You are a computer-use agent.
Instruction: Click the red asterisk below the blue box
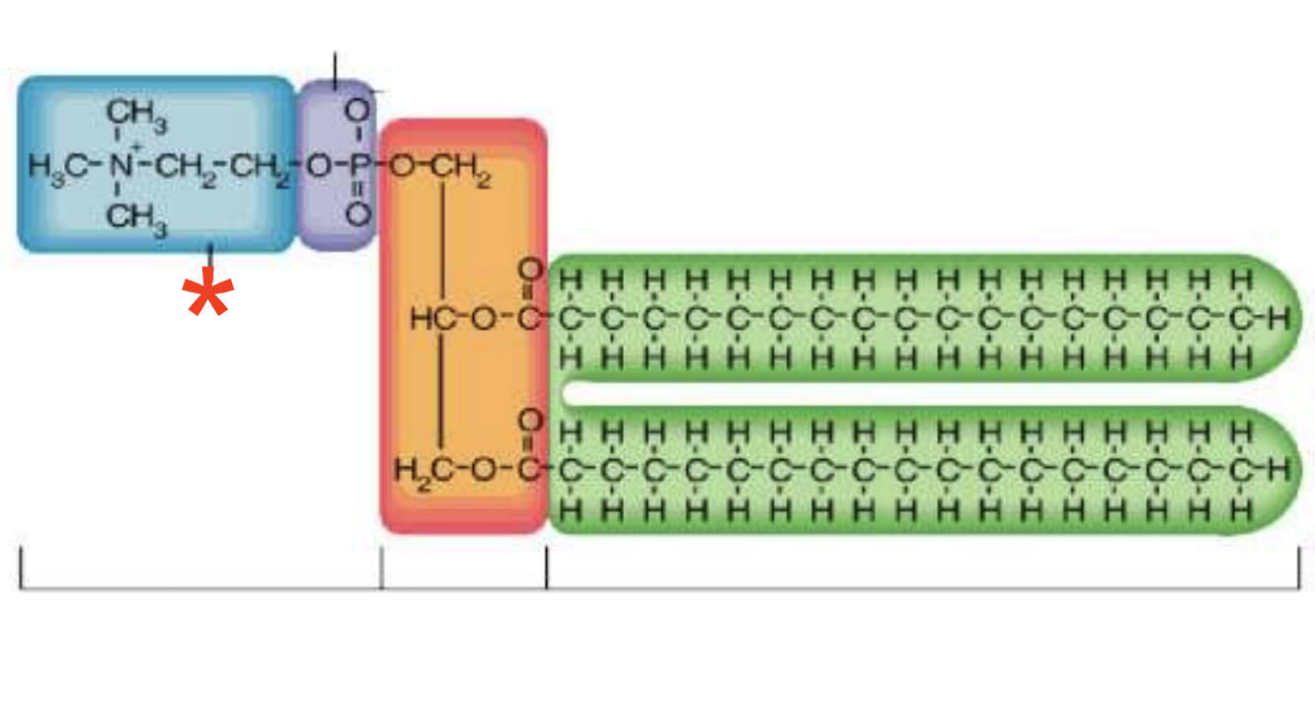209,296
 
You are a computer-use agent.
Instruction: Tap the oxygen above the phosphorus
357,112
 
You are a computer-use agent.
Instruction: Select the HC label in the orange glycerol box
430,319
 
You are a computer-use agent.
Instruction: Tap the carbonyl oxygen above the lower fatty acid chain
531,422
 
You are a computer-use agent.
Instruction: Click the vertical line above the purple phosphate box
336,67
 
